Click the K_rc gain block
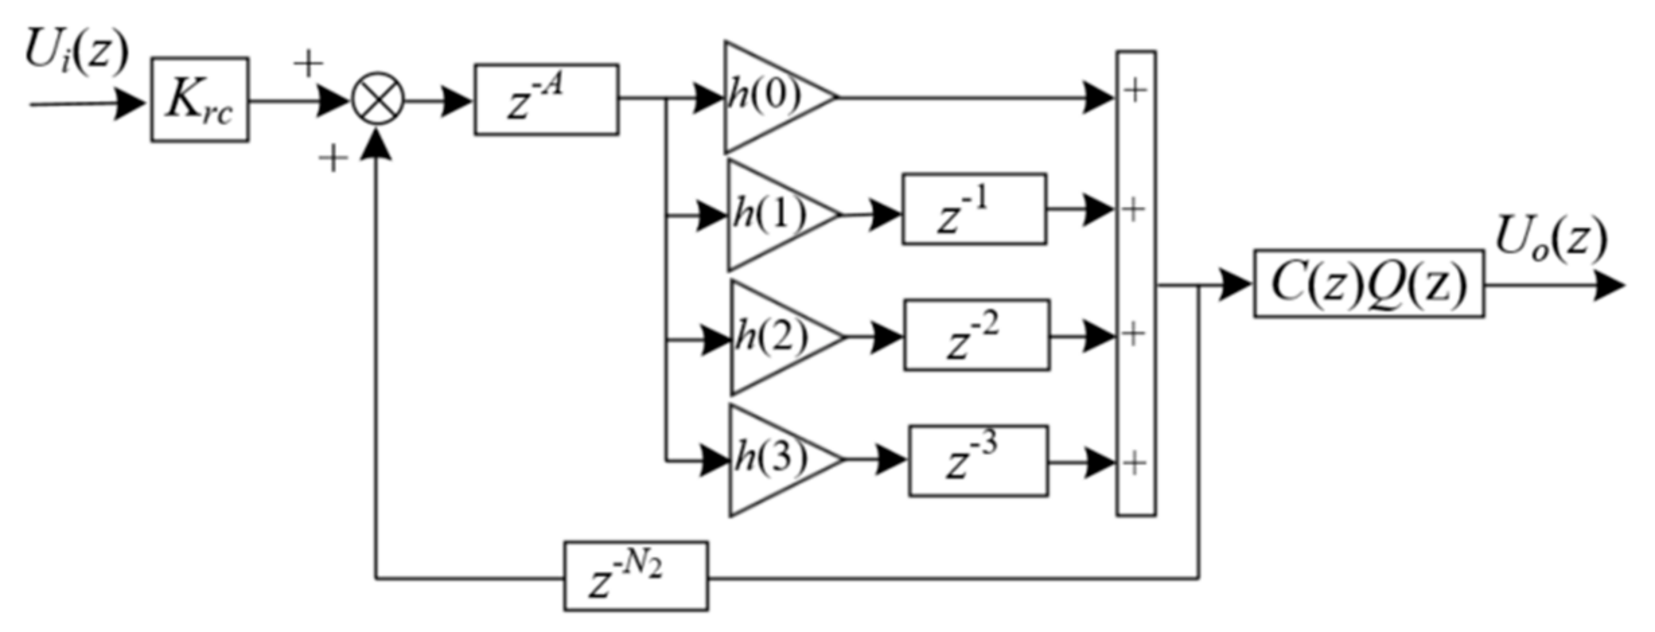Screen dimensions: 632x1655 (x=200, y=100)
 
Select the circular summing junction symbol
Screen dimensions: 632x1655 (x=378, y=100)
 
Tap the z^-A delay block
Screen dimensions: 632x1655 (x=546, y=100)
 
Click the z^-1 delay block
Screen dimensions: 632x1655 (x=974, y=209)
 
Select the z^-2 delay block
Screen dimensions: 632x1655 (x=977, y=335)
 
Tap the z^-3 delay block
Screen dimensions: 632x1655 (x=978, y=461)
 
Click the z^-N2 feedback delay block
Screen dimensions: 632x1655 (x=636, y=576)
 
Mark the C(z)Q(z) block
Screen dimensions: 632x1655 (x=1368, y=284)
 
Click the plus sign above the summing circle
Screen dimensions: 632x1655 (x=308, y=63)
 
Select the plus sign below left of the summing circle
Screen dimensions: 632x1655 (x=333, y=160)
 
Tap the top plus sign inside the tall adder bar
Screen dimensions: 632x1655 (x=1135, y=91)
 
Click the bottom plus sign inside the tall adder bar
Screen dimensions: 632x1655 (x=1135, y=464)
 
